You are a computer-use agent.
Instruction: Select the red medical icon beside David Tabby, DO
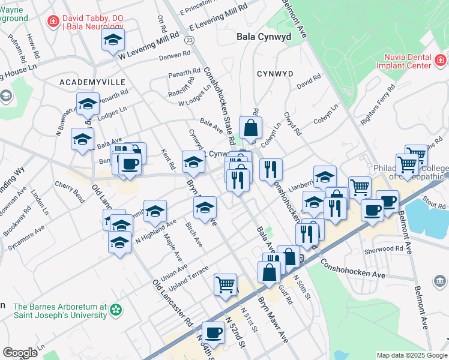[53, 21]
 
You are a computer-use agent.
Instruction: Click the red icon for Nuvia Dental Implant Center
[440, 60]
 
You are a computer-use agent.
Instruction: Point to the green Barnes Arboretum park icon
[116, 310]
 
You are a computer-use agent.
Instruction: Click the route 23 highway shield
[190, 40]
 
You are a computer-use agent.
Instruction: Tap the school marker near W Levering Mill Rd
[112, 41]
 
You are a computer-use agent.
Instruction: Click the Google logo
[20, 353]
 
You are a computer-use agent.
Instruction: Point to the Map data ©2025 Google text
[411, 355]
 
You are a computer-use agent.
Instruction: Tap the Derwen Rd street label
[174, 58]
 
